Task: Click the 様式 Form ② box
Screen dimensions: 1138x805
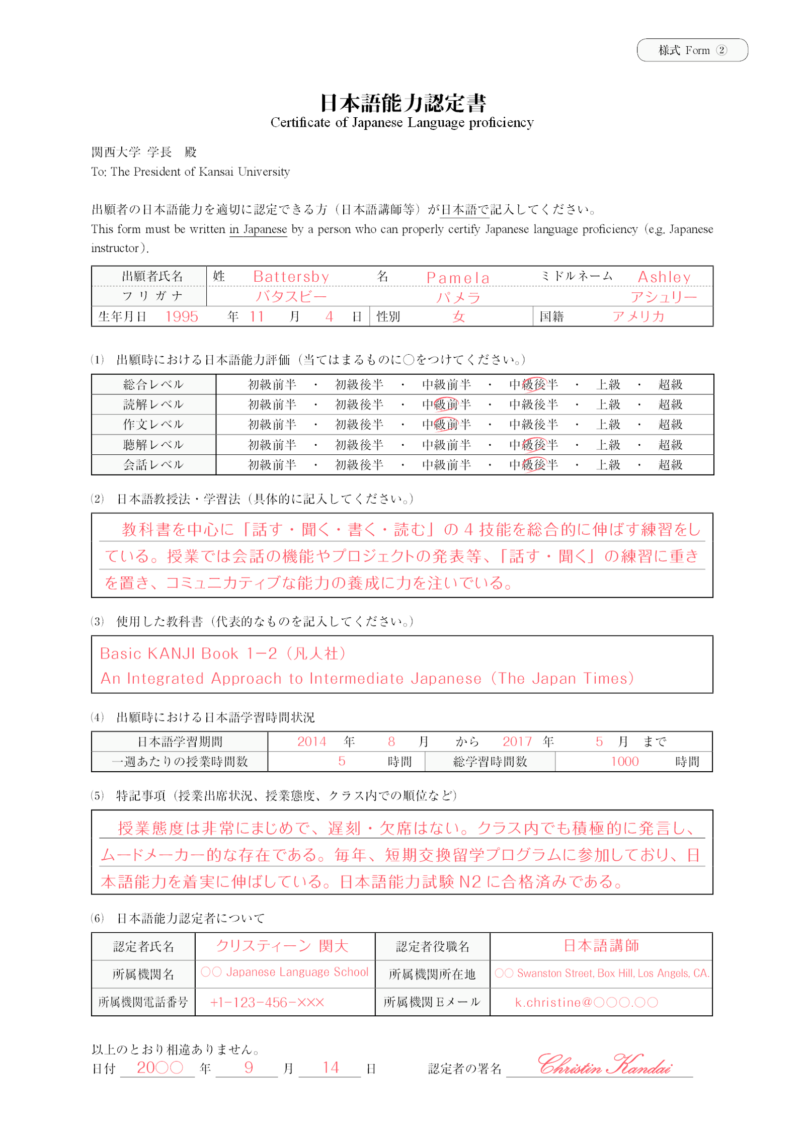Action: click(692, 50)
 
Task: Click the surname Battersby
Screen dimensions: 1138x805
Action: click(291, 277)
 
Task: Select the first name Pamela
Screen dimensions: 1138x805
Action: click(457, 278)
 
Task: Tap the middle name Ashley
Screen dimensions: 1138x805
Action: click(664, 277)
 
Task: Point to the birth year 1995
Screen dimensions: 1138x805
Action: click(182, 316)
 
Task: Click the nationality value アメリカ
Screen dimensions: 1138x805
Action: click(638, 316)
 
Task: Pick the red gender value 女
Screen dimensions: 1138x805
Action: click(458, 317)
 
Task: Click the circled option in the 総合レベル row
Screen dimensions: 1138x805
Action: click(533, 385)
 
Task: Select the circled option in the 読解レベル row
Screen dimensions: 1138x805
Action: click(446, 404)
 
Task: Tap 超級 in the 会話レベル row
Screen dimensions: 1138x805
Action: click(670, 465)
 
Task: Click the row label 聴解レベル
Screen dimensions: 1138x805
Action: click(153, 445)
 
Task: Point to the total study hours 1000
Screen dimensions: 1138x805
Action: click(624, 761)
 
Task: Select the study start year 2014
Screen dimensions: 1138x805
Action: click(311, 741)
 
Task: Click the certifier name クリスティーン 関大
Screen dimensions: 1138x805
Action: click(282, 946)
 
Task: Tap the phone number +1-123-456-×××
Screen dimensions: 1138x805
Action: click(267, 1002)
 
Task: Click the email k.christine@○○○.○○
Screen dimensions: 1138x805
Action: click(586, 1002)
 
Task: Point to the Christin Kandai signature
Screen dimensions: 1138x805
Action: click(604, 1065)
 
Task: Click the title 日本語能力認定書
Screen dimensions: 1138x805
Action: click(403, 103)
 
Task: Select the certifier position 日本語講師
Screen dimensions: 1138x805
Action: click(601, 945)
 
